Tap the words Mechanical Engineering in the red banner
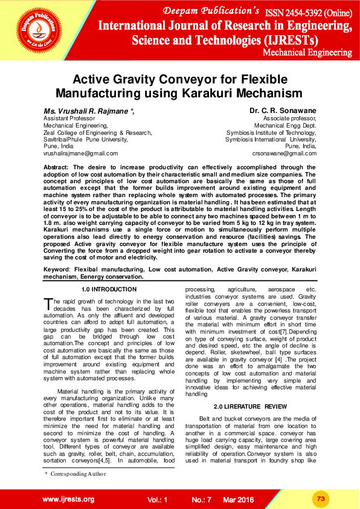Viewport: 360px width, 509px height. [x=307, y=53]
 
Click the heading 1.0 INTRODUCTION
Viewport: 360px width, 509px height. [x=109, y=290]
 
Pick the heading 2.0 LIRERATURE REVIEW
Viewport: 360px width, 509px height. [x=246, y=406]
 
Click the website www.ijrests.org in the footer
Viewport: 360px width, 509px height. [x=68, y=499]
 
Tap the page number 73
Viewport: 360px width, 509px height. [x=321, y=498]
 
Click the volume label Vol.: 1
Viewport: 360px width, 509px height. [x=156, y=500]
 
